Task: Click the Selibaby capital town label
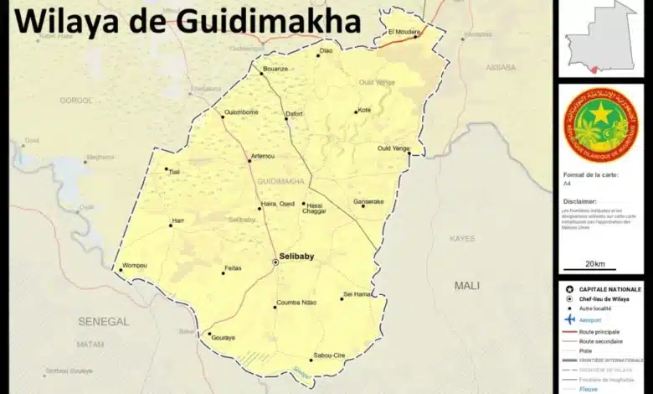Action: coord(297,257)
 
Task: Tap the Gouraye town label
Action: coord(224,339)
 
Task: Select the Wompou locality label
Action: coord(135,266)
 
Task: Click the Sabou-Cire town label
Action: coord(329,355)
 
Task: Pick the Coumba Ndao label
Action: coord(296,303)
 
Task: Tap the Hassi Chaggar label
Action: coord(316,209)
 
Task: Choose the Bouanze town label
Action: coord(275,69)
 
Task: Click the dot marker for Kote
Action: coord(356,111)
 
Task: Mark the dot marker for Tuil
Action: coord(167,168)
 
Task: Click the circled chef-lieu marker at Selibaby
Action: coord(275,262)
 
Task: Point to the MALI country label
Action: coord(467,286)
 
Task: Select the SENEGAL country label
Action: coord(104,321)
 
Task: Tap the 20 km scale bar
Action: coord(595,267)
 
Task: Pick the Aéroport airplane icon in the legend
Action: coord(570,319)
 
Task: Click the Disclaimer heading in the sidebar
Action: coord(580,201)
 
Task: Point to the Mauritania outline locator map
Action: coord(600,37)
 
